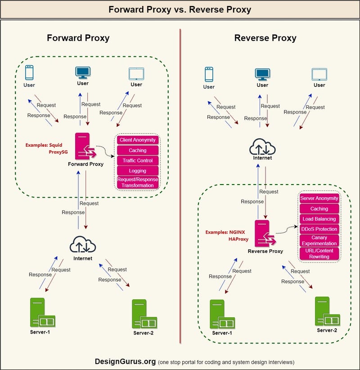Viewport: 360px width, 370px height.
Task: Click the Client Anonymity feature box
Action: [138, 140]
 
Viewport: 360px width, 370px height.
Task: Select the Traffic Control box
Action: [138, 161]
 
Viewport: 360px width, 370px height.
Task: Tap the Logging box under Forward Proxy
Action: [138, 171]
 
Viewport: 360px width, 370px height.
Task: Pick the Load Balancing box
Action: [319, 219]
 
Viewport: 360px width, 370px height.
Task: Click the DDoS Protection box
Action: [319, 229]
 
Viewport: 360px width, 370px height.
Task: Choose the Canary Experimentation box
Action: [319, 240]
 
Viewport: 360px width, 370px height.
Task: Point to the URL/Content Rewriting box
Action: [319, 253]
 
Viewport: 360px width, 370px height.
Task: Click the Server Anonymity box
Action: [319, 199]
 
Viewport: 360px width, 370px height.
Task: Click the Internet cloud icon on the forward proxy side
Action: [83, 245]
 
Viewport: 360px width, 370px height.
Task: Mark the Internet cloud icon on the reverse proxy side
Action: [262, 147]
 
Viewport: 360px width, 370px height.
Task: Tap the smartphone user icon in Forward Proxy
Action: [29, 73]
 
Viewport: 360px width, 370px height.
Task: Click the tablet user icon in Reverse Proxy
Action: [319, 74]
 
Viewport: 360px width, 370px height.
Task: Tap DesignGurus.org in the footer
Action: [125, 361]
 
